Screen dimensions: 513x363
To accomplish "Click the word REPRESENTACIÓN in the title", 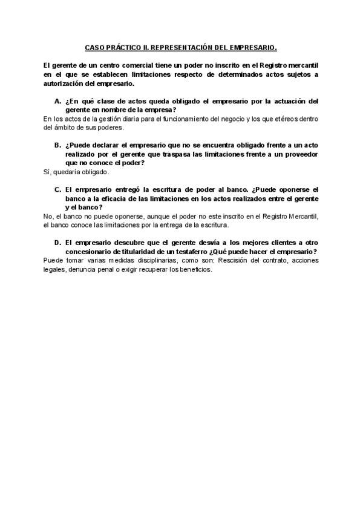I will pyautogui.click(x=181, y=46).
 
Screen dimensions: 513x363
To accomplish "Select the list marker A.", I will pyautogui.click(x=57, y=101).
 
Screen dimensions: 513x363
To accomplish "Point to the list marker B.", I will pyautogui.click(x=57, y=145).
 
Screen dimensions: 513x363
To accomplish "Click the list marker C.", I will pyautogui.click(x=57, y=189).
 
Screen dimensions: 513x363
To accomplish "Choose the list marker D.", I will pyautogui.click(x=57, y=243).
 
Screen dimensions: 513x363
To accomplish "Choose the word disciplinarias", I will pyautogui.click(x=143, y=261).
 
